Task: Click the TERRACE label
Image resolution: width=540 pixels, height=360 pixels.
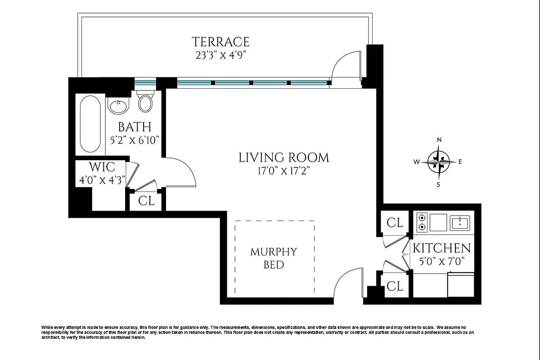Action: click(220, 42)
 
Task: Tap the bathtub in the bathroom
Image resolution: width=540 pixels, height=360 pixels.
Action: click(90, 124)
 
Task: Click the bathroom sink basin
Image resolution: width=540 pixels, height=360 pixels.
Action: click(118, 106)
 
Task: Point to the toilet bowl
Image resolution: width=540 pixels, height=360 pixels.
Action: click(145, 103)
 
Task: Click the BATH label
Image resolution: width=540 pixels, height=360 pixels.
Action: click(135, 127)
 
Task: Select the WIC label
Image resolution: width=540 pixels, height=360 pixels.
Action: click(102, 167)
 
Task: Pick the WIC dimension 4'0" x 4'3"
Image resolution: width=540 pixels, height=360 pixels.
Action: click(102, 180)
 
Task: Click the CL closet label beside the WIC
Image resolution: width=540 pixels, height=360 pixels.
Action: click(146, 200)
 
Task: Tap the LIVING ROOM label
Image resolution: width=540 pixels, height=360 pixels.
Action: click(284, 157)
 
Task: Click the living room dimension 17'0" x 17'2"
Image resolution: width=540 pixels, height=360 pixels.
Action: click(283, 171)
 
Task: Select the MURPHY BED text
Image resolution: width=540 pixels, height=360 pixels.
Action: click(274, 258)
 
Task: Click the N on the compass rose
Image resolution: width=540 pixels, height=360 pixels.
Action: click(439, 140)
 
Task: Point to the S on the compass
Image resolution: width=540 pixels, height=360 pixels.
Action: click(438, 184)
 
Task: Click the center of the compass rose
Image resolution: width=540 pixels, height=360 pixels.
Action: click(439, 162)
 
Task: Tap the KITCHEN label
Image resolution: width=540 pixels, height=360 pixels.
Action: click(441, 248)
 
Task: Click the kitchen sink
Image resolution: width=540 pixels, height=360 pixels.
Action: click(460, 223)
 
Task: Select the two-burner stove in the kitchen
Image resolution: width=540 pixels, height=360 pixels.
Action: click(422, 223)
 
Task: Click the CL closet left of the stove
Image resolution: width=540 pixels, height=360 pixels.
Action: click(395, 223)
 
